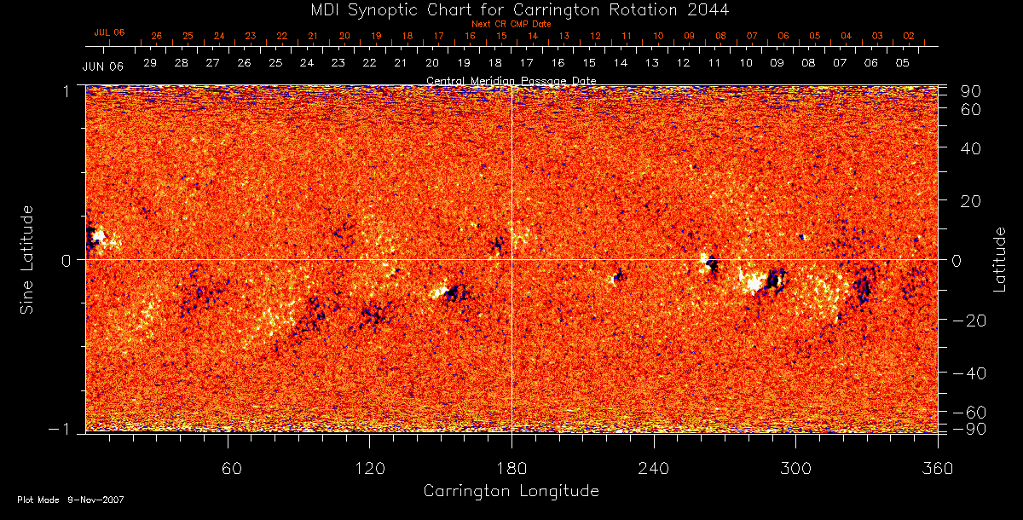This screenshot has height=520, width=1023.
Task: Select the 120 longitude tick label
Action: click(369, 469)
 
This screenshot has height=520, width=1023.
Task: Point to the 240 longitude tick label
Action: click(654, 469)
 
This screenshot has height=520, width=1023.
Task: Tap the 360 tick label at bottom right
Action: click(937, 469)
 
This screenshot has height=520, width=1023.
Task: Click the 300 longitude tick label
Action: click(795, 469)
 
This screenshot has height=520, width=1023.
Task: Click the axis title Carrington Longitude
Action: click(511, 491)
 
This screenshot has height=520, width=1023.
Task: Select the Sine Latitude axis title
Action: click(29, 259)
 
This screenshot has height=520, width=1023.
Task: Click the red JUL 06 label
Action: click(109, 32)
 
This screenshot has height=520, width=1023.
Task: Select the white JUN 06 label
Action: click(102, 66)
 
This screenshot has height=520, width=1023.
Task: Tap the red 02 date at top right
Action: click(908, 37)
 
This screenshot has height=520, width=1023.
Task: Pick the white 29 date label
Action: click(150, 63)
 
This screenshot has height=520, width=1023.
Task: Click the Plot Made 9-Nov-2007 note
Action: click(71, 500)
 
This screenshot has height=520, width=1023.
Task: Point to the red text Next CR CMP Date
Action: click(505, 25)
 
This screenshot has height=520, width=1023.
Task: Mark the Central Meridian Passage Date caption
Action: click(511, 81)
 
